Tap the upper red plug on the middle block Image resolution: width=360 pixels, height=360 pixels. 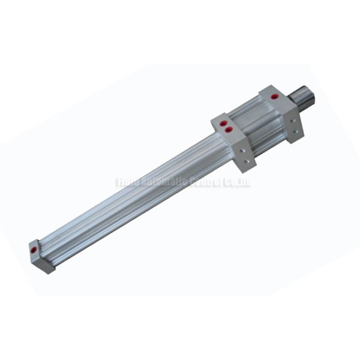(x=223, y=123)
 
